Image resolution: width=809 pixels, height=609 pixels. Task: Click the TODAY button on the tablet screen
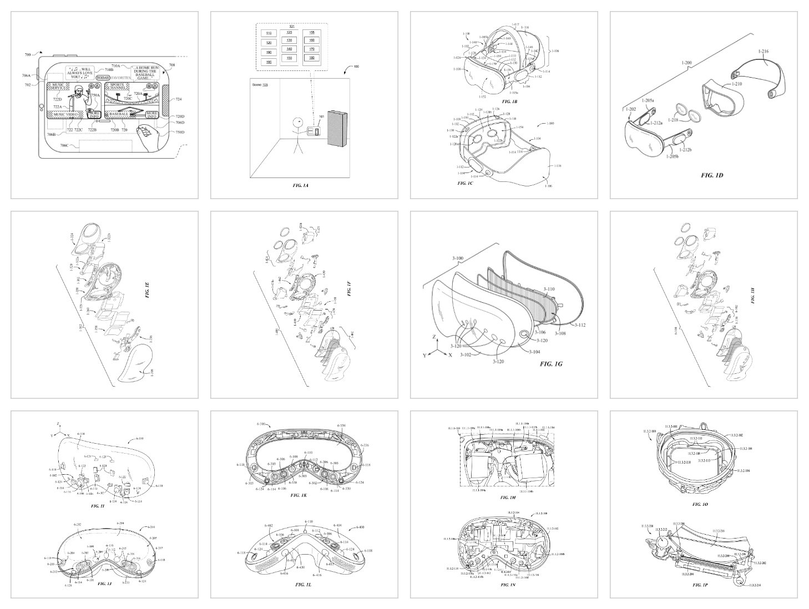point(103,78)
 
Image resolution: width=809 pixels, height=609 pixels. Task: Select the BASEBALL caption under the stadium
point(119,114)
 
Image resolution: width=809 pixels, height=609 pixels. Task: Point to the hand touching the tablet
point(148,135)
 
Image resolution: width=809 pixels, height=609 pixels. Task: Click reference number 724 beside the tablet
point(178,100)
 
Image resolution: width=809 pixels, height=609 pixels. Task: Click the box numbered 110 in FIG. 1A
point(269,33)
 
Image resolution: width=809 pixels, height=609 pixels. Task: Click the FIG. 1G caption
point(553,364)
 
